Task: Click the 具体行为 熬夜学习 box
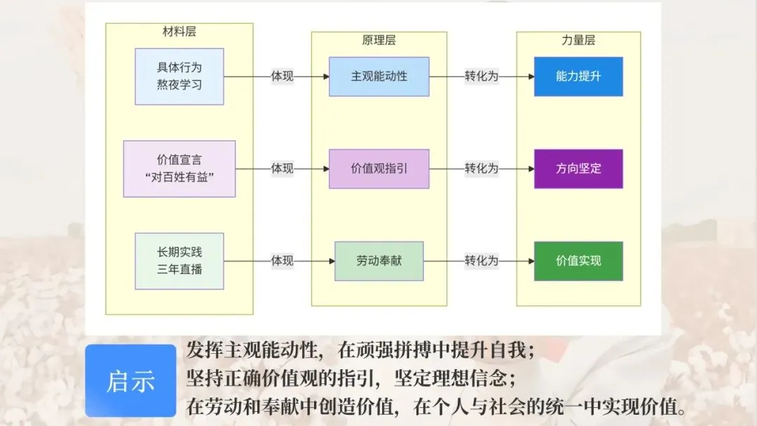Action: tap(179, 76)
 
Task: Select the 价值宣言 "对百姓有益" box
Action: tap(179, 169)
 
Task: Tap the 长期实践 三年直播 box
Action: tap(179, 261)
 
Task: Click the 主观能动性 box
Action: tap(379, 76)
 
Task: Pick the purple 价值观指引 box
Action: tap(379, 169)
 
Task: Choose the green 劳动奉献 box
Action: tap(379, 261)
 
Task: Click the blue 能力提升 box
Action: tap(578, 76)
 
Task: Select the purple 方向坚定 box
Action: tap(578, 169)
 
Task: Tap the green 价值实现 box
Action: tap(578, 261)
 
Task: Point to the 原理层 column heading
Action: tap(379, 40)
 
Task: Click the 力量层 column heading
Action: tap(578, 40)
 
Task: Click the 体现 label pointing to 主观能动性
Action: tap(282, 76)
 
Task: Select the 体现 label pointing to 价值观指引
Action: tap(282, 169)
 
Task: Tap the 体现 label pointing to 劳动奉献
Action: tap(282, 261)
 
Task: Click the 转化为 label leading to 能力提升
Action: tap(482, 76)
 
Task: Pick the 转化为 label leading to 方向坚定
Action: tap(482, 169)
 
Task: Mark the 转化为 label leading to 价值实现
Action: tap(482, 261)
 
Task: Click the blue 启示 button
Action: tap(131, 380)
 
